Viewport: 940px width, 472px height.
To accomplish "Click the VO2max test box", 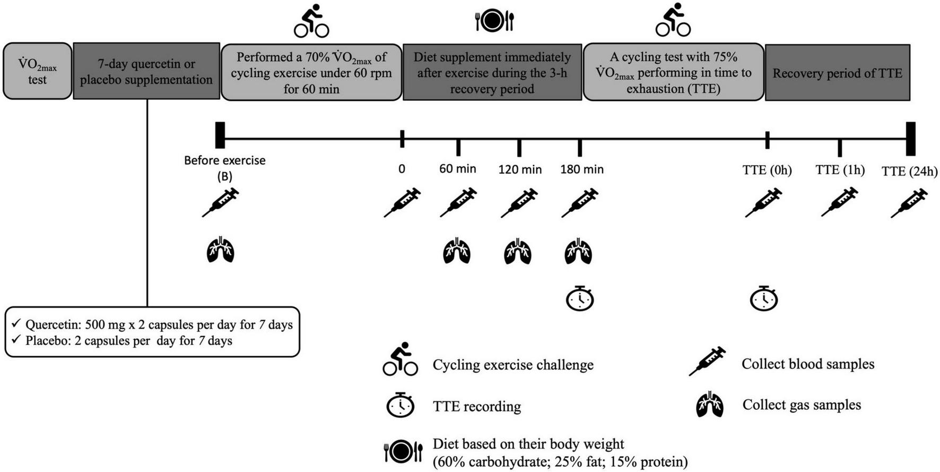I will coord(37,72).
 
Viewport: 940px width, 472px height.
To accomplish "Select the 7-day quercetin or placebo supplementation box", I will coord(146,72).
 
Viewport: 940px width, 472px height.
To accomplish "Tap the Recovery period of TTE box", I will coord(837,73).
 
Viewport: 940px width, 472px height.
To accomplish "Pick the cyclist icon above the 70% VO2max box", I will coord(311,21).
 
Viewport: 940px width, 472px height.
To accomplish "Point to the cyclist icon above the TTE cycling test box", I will coord(673,21).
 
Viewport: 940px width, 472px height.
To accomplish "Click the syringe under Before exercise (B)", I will coord(221,202).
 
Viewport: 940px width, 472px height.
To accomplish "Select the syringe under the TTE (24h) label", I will coord(909,203).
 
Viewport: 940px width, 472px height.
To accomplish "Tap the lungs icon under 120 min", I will coord(518,251).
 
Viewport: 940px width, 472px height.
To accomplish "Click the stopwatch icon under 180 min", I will coord(580,299).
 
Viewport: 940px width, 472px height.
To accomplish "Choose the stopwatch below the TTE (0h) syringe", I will coord(764,299).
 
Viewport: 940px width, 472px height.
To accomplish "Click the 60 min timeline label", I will coord(457,169).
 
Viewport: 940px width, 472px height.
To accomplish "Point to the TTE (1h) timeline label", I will coord(840,170).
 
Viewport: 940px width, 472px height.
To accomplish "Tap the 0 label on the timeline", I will coord(402,169).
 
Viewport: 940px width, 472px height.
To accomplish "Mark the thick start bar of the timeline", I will coord(220,135).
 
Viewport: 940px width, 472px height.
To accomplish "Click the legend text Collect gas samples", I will coord(801,405).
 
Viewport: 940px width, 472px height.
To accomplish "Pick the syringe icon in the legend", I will coord(707,361).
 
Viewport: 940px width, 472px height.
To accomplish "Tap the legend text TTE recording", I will coord(476,407).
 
